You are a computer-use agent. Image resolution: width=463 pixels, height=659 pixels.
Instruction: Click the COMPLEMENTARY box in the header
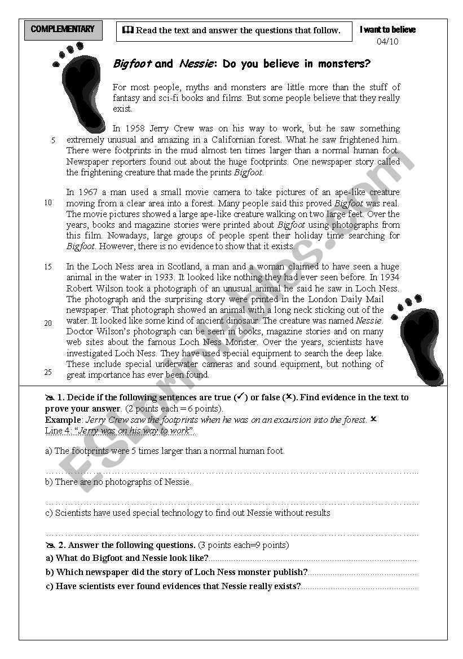point(63,29)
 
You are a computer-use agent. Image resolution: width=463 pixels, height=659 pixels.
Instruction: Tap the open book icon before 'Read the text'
point(127,30)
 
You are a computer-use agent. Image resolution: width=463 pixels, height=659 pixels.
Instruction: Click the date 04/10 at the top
point(387,42)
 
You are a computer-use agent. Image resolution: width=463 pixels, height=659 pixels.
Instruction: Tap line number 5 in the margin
point(53,140)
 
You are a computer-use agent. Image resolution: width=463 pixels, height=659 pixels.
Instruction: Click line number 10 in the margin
point(48,203)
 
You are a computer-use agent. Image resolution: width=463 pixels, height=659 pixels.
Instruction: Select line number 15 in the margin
point(48,267)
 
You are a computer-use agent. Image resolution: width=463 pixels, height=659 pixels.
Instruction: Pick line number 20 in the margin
point(48,323)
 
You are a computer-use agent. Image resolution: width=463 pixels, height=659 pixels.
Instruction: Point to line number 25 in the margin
point(48,372)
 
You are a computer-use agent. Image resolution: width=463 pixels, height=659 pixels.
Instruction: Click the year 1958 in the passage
point(135,129)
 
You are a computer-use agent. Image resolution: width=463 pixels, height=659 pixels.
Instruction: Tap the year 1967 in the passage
point(89,192)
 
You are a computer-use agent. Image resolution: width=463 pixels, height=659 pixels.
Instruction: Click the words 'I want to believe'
point(388,30)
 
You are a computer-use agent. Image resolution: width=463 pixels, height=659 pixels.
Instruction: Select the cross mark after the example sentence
point(373,419)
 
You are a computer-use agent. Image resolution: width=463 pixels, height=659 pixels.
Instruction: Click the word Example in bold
point(63,420)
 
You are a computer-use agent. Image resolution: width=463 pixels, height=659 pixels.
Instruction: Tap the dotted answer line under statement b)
point(231,502)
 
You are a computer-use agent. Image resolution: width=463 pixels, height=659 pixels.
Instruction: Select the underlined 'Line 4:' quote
point(120,431)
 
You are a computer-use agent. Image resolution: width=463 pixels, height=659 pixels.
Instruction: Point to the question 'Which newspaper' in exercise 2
point(177,572)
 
